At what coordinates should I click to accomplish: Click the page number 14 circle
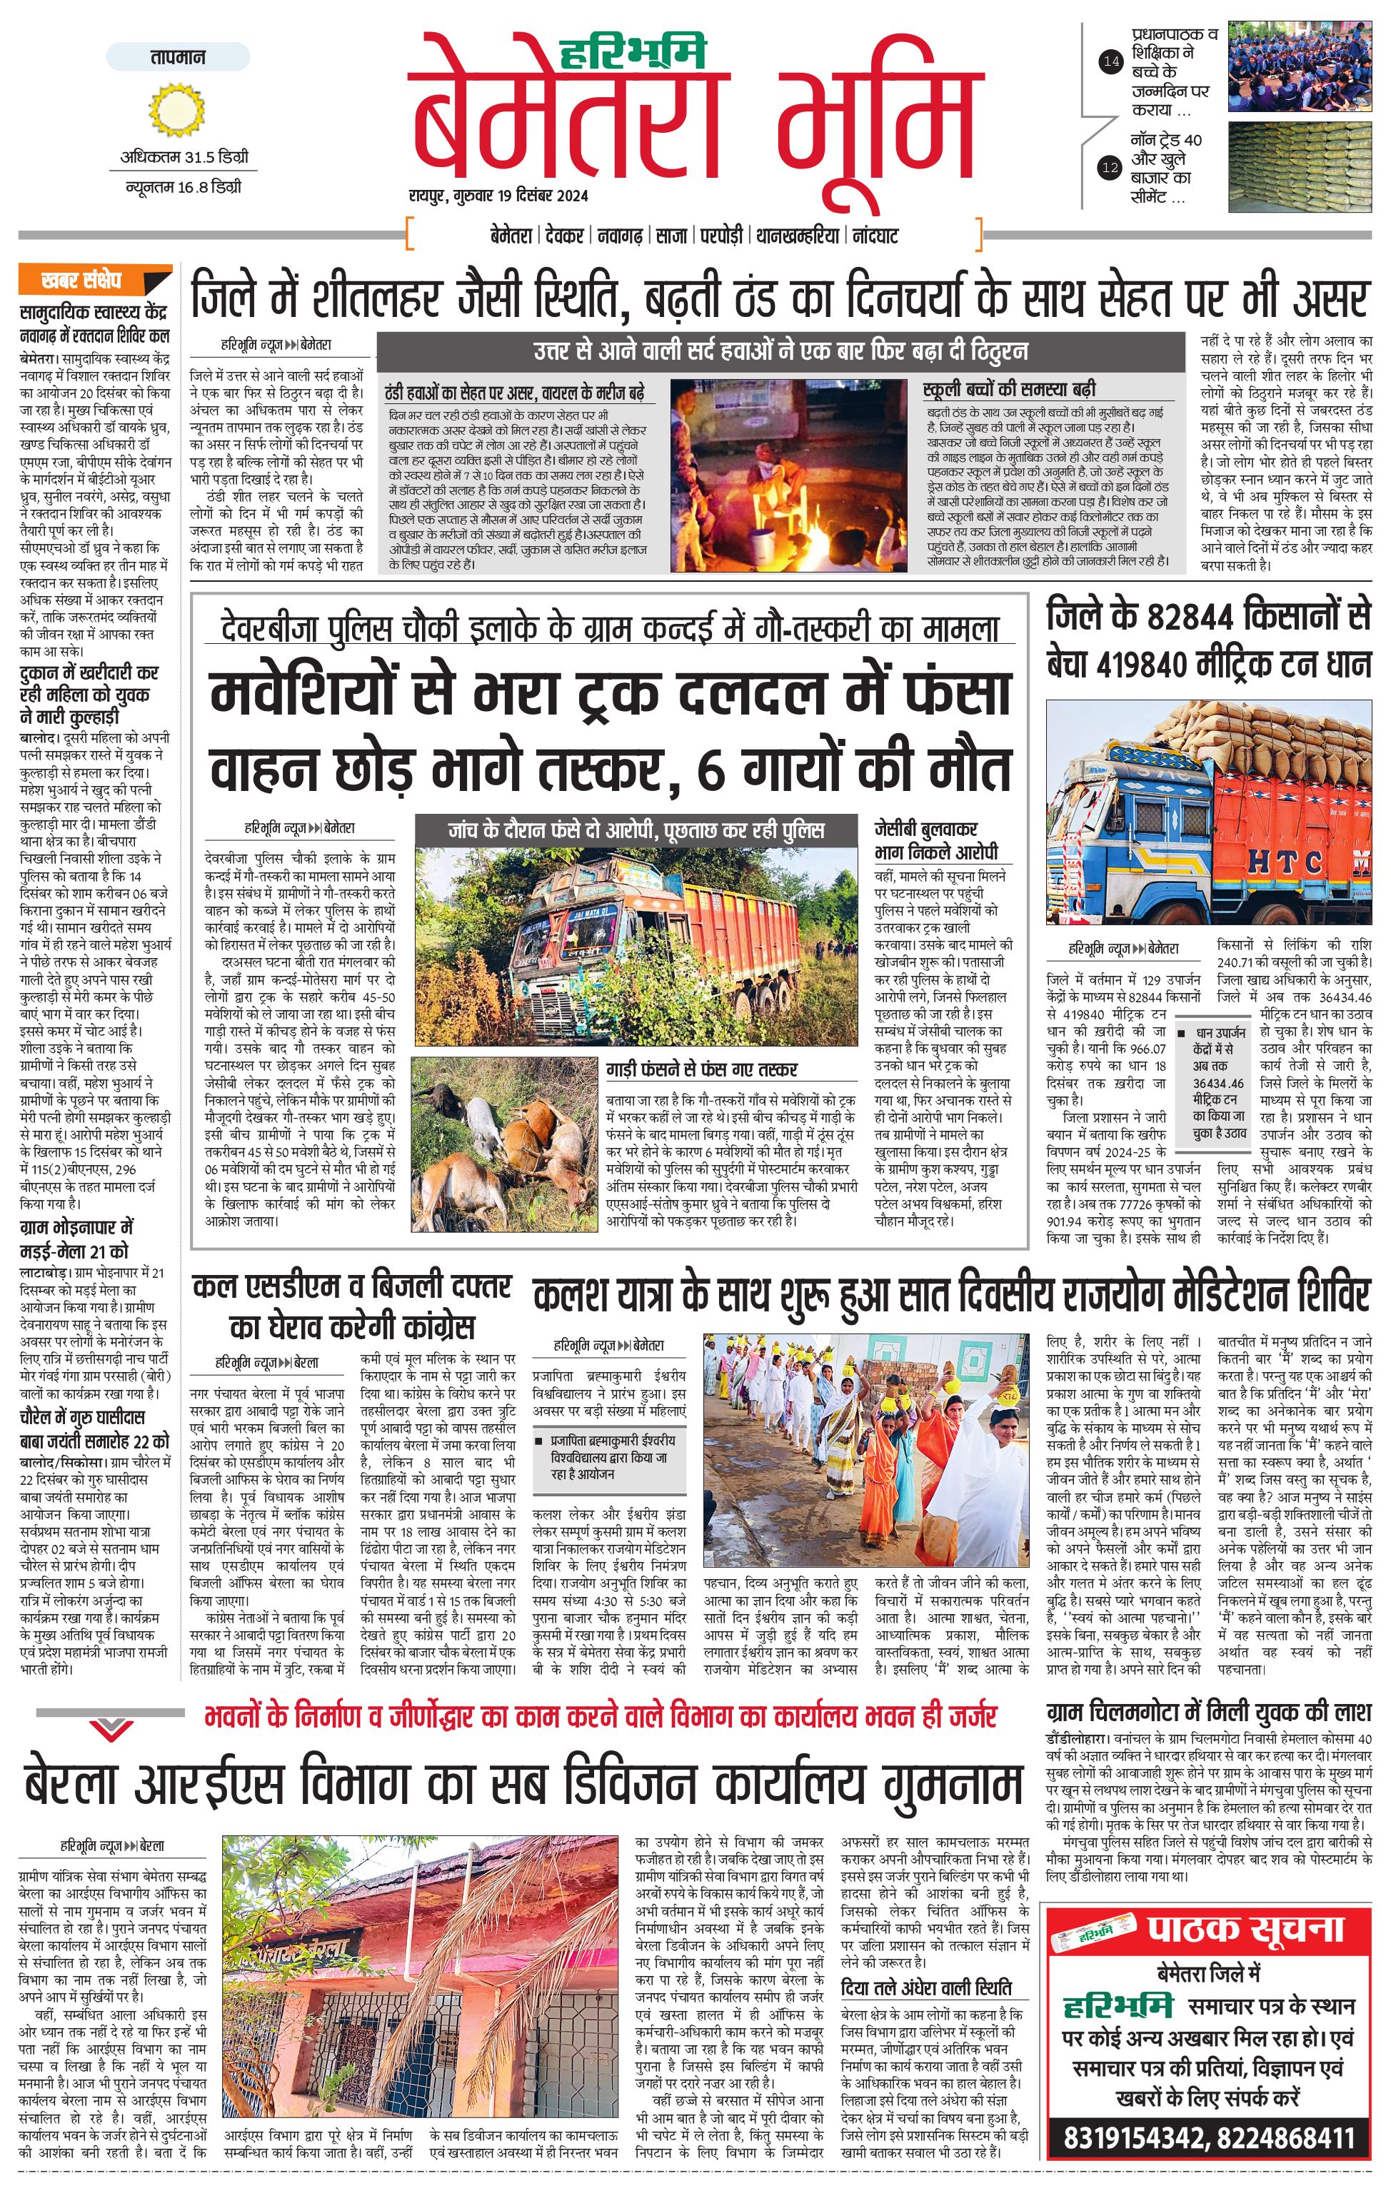point(1110,62)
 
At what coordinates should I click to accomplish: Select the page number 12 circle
point(1110,168)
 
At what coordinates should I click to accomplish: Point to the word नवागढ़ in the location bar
point(620,236)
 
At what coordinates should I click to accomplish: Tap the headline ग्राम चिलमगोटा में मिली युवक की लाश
point(1208,1712)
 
